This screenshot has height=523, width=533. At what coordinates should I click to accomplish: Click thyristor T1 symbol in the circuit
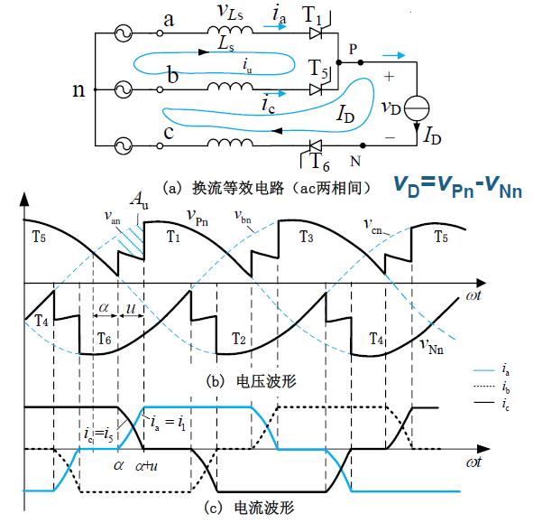coord(317,33)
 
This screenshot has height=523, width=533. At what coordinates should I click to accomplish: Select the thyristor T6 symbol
coord(316,146)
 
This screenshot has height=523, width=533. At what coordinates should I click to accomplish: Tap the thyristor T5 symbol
coord(317,89)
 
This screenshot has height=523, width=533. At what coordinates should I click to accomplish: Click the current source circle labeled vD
coord(417,108)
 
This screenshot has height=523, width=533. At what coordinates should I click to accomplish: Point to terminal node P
coord(361,62)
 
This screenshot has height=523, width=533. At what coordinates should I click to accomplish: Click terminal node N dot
coord(363,145)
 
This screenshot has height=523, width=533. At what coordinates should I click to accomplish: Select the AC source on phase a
coord(123,33)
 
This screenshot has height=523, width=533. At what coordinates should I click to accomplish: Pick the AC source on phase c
coord(123,145)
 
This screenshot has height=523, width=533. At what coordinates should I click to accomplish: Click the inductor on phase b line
coord(230,87)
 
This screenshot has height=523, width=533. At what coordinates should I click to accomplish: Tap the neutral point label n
coord(78,90)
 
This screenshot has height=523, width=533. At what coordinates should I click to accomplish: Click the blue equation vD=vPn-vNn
coord(458,187)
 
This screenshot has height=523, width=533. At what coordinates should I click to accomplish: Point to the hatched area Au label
coord(140,200)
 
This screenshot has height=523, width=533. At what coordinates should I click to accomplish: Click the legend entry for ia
coord(492,369)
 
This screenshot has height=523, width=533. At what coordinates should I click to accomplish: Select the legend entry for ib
coord(492,387)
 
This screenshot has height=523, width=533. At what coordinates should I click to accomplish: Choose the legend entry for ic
coord(492,403)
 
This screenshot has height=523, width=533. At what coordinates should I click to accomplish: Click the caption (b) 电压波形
coord(252,381)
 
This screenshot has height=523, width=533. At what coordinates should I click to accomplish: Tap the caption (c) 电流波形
coord(249,508)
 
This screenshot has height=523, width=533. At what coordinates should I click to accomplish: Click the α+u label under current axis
coord(146,466)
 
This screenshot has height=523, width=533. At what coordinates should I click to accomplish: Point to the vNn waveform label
coord(432,346)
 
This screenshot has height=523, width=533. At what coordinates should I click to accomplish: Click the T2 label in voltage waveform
coord(239,339)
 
